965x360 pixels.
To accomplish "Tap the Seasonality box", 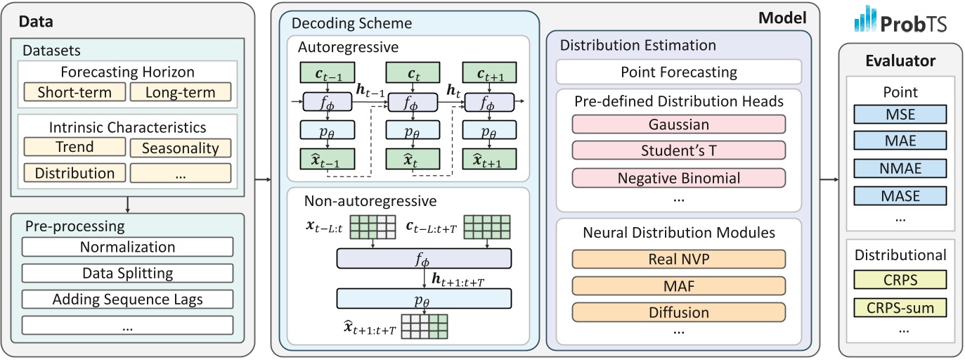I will click(x=181, y=148).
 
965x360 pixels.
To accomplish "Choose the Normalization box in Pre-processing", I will click(x=127, y=247).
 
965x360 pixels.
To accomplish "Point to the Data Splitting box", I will click(x=127, y=274).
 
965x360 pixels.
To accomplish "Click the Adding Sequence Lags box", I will click(x=127, y=300).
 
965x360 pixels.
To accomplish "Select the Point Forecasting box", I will click(x=678, y=72).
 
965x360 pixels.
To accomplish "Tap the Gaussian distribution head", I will click(x=678, y=124).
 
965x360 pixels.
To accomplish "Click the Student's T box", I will click(x=678, y=151).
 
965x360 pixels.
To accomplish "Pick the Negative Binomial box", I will click(x=678, y=179).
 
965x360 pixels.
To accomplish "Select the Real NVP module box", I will click(x=678, y=258).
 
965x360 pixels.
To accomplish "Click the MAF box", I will click(x=678, y=285).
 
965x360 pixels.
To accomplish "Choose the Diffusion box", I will click(x=678, y=312).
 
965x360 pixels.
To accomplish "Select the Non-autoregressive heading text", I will click(x=370, y=201).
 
